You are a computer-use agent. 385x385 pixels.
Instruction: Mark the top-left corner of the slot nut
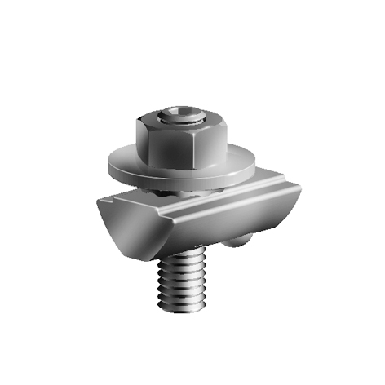pyautogui.click(x=99, y=200)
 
